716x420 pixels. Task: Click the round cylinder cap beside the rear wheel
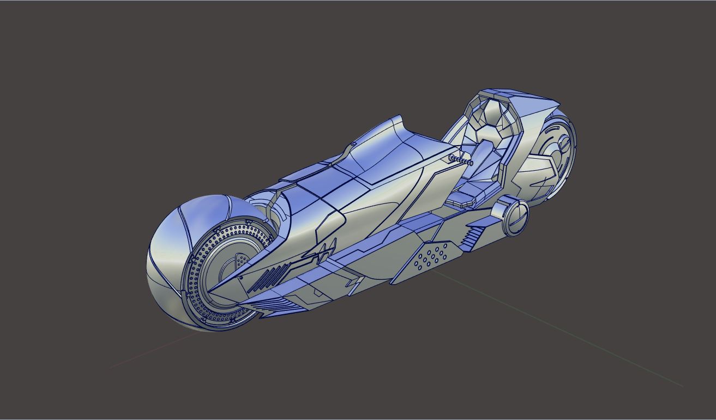[x=515, y=217]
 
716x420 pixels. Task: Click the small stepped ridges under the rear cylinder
[x=473, y=237]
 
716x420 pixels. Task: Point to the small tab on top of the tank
[x=353, y=144]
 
